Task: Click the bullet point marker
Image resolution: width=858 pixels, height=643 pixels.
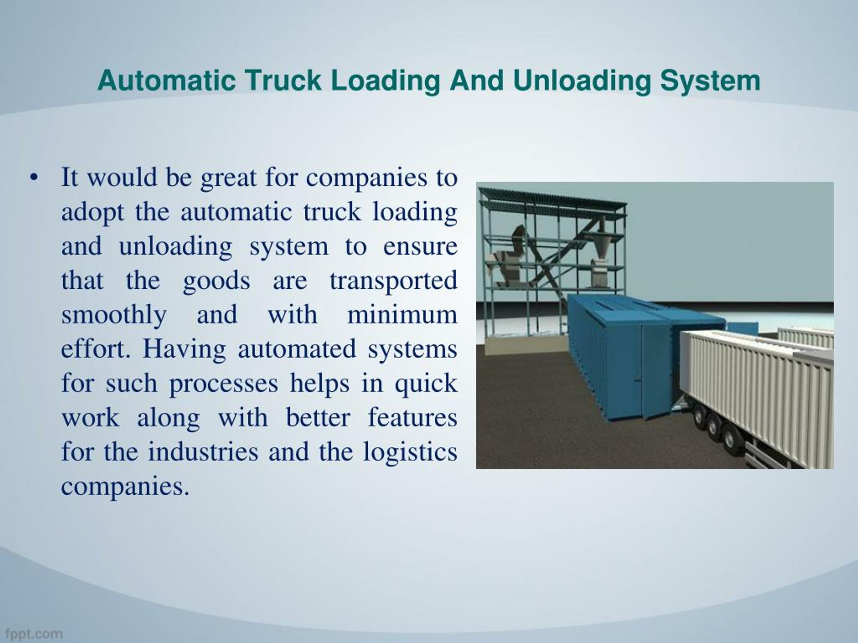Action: pos(34,177)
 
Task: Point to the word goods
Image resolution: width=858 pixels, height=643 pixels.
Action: pos(217,281)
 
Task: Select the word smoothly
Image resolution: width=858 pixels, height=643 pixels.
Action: pos(114,315)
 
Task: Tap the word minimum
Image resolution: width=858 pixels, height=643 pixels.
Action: pos(402,315)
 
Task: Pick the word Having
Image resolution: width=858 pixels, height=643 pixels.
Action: pos(184,349)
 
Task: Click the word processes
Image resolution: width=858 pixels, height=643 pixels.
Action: pos(224,383)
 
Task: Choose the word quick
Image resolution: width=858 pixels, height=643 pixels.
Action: pos(426,383)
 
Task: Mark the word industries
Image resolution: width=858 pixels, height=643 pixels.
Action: pos(203,451)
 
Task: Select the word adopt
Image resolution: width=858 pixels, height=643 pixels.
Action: pos(93,213)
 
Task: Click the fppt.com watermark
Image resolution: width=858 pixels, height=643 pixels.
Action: pos(34,634)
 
